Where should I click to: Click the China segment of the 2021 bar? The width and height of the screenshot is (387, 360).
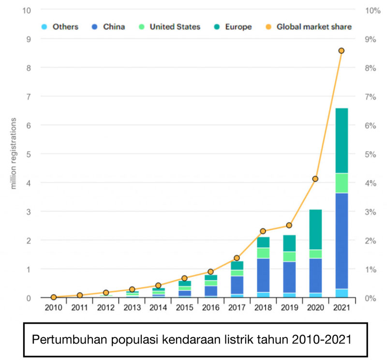341,240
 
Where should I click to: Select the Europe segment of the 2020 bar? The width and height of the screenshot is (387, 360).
315,229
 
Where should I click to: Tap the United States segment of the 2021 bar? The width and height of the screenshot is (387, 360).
341,183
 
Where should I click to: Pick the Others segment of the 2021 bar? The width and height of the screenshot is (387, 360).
341,293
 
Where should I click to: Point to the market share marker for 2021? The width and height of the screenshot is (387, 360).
341,51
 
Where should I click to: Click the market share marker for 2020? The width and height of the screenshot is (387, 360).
315,179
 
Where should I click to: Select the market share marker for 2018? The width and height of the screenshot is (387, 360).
263,231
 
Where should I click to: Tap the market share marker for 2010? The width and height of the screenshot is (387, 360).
54,297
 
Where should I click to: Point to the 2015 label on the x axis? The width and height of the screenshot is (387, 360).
184,307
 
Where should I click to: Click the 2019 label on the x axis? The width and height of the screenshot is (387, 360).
289,307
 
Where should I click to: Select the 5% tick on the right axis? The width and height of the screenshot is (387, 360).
370,154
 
